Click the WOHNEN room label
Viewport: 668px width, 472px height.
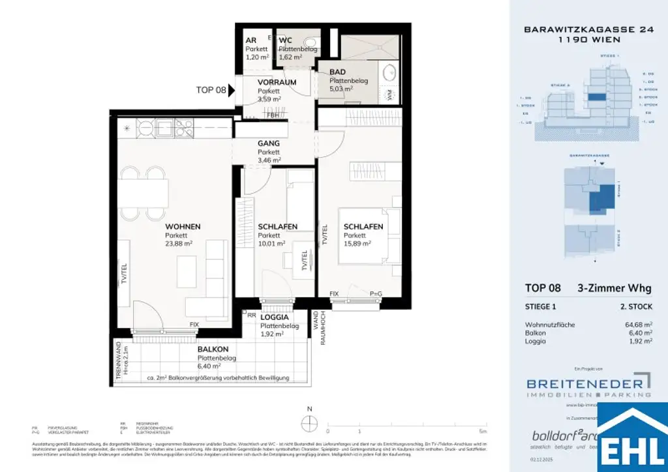pos(183,226)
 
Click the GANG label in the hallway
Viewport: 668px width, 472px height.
pos(268,143)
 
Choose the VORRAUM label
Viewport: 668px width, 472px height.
pos(277,82)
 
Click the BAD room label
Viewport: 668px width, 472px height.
pos(337,72)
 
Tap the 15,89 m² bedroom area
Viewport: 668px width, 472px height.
pos(357,244)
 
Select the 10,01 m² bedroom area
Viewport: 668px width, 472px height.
pos(271,244)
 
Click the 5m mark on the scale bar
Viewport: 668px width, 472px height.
pos(482,432)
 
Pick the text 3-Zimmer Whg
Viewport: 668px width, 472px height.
pos(614,289)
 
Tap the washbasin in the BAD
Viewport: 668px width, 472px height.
pos(391,72)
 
